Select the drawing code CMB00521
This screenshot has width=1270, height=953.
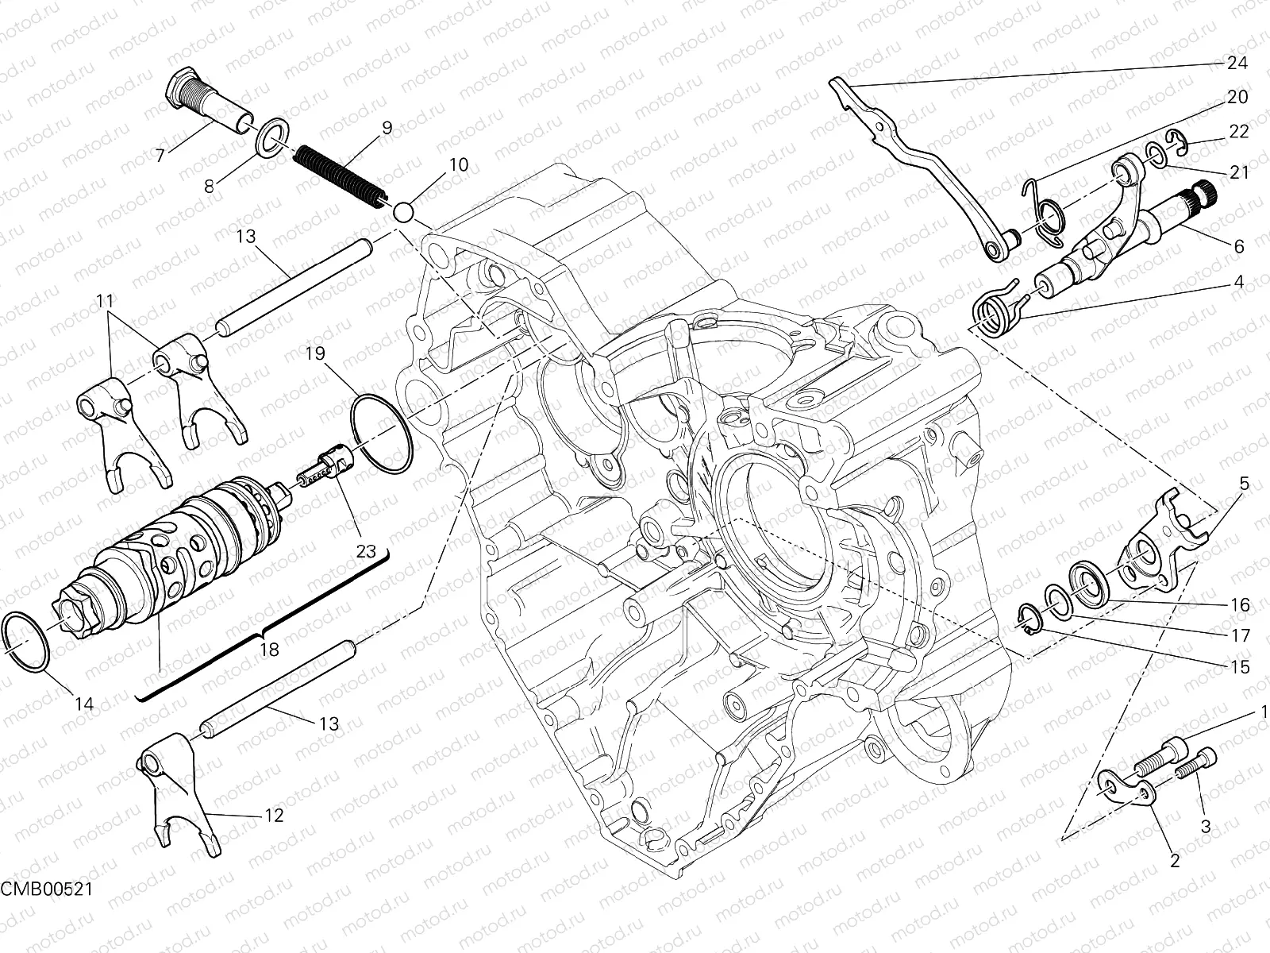click(46, 910)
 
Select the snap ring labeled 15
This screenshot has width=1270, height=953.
click(1029, 619)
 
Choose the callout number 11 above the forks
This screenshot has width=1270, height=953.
click(106, 302)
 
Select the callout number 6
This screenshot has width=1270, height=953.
click(1238, 246)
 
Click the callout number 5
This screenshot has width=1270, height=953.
click(1244, 484)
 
